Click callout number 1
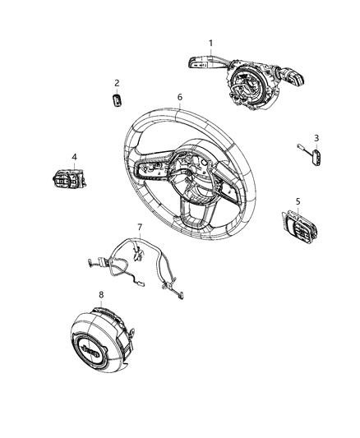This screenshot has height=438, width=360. (x=210, y=43)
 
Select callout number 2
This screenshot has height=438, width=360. (x=117, y=82)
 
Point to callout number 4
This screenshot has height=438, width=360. (x=74, y=156)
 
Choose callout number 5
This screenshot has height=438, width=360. (x=298, y=200)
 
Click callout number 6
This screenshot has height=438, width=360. (x=179, y=97)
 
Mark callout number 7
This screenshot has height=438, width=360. (x=140, y=226)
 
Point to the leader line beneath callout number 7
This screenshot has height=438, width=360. (x=140, y=236)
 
